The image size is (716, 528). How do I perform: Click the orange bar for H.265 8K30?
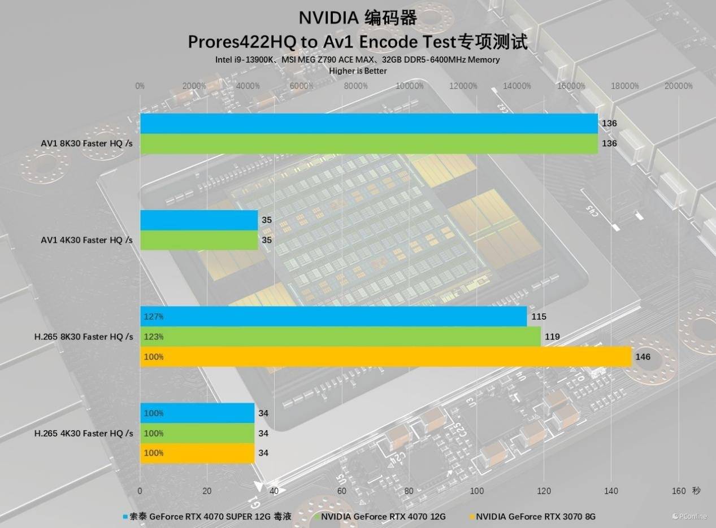[385, 357]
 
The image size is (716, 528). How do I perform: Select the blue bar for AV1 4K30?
[199, 220]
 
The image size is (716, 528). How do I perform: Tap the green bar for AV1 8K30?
[368, 143]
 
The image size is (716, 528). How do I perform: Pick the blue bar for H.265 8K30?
[333, 317]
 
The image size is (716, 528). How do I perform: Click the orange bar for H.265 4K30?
[197, 453]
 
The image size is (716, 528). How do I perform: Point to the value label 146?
[643, 357]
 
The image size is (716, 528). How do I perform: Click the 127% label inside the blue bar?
[154, 317]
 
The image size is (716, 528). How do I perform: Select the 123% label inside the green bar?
[154, 337]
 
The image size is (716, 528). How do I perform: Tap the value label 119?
[552, 337]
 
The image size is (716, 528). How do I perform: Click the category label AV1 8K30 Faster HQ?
[86, 143]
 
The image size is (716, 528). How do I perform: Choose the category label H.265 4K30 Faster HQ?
[84, 433]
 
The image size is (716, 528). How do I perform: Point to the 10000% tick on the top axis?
[410, 86]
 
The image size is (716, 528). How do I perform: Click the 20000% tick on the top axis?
[678, 86]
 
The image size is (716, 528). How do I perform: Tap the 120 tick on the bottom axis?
[544, 491]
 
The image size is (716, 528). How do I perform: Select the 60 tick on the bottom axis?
[341, 491]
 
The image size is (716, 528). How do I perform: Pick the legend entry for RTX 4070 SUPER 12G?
[210, 516]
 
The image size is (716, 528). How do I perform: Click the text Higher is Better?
[358, 71]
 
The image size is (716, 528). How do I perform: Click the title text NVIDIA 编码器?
[358, 18]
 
